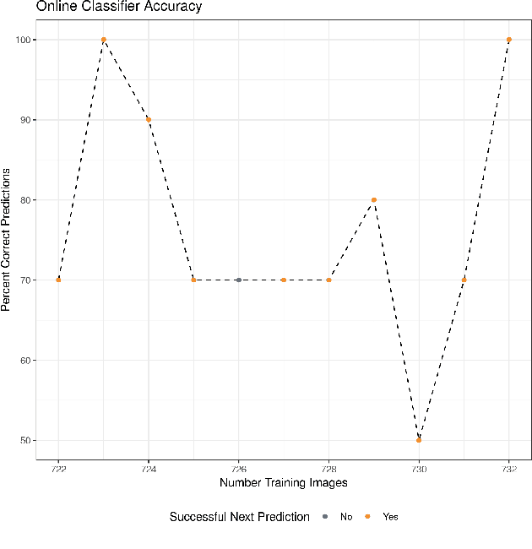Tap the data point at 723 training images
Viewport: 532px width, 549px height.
click(104, 40)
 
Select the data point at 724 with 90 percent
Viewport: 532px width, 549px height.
click(149, 120)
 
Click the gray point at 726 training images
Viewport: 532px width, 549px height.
click(239, 280)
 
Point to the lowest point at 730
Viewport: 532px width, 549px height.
click(419, 440)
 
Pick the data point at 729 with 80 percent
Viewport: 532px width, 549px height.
click(374, 200)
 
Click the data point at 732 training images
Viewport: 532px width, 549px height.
click(509, 40)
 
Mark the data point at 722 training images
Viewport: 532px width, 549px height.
click(58, 280)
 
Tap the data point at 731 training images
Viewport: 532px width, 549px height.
click(464, 280)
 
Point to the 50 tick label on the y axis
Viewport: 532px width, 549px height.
click(24, 440)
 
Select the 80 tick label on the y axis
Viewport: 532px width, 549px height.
click(24, 200)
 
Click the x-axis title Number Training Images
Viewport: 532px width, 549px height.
click(284, 483)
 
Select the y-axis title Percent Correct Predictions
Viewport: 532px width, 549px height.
click(7, 240)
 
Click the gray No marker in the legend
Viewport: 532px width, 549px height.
click(325, 517)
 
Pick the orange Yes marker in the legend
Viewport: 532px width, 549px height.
click(368, 517)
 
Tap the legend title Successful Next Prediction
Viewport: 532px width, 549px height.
click(239, 517)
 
